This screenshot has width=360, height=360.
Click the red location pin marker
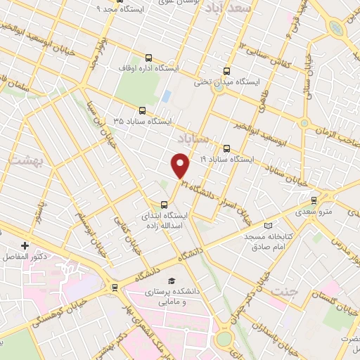pos(181,165)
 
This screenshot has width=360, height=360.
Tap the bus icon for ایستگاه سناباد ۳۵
pos(143,110)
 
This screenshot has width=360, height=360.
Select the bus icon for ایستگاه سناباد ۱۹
pos(226,148)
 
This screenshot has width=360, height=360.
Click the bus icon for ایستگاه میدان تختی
pos(226,70)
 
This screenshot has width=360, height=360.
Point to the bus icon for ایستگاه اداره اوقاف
pos(148,58)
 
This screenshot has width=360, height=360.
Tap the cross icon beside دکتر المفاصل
pos(25,245)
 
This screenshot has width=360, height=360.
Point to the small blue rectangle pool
pos(166,95)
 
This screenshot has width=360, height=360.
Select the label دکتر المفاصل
pos(24,257)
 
